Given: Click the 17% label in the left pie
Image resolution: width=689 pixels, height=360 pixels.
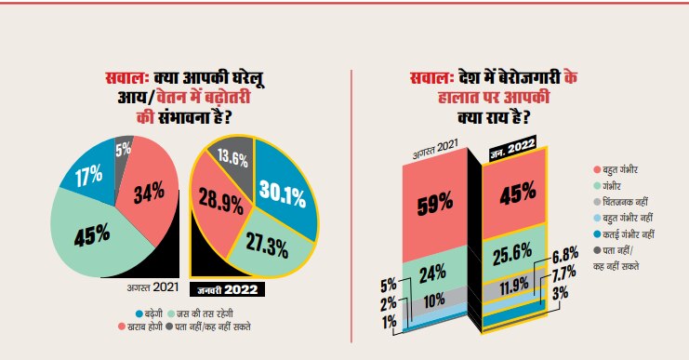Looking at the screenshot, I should [88, 177].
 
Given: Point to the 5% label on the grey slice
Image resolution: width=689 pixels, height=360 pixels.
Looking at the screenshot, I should [123, 149].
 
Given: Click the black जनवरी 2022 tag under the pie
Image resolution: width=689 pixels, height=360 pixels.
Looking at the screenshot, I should [227, 288].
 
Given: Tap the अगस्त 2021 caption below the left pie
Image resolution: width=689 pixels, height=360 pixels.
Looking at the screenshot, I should [151, 285].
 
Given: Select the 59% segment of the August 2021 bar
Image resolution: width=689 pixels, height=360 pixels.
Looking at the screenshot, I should [435, 200].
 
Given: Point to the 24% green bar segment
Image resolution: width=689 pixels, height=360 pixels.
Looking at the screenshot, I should [435, 273].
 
